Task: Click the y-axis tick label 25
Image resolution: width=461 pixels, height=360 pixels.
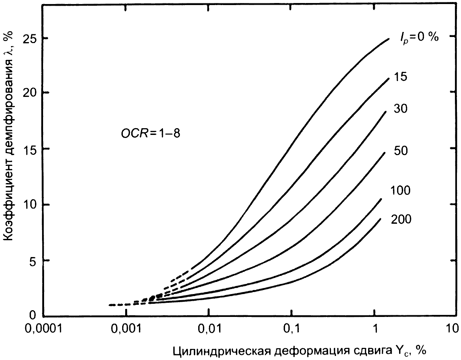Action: tap(30, 40)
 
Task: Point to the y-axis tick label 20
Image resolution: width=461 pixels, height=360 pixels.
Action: tap(30, 93)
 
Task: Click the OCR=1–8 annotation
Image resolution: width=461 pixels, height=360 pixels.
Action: tap(150, 134)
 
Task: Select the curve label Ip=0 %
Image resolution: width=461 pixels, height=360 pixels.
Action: tap(419, 38)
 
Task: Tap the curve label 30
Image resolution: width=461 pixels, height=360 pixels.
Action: tap(400, 109)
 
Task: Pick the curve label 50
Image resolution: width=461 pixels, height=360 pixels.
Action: tap(400, 151)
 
